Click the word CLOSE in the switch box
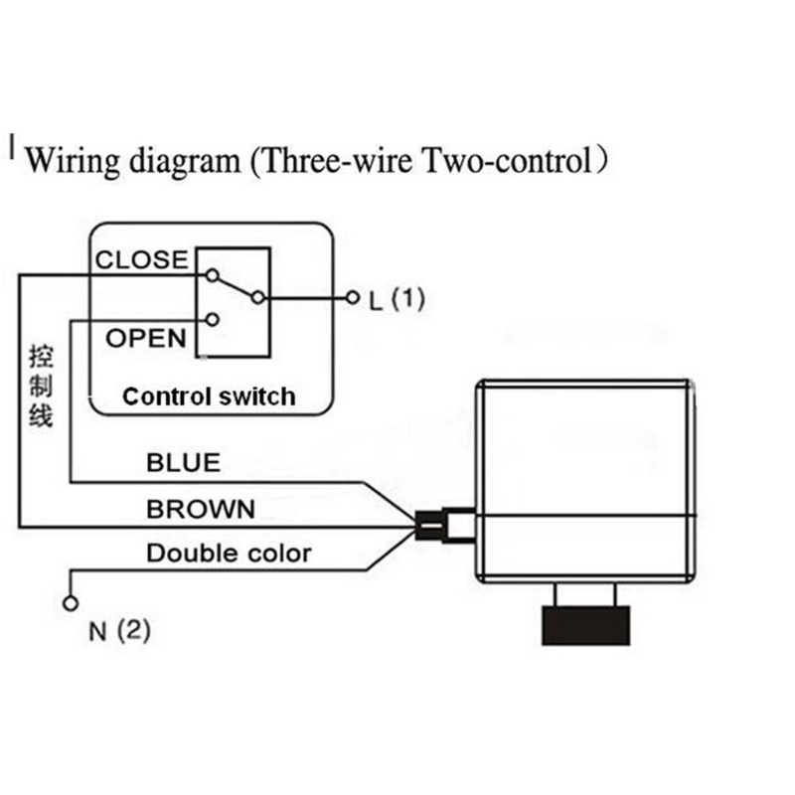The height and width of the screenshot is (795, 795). (140, 260)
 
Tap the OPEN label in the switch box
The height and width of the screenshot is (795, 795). (146, 338)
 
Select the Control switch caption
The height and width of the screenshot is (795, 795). (209, 397)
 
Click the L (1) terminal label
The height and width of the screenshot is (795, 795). (397, 298)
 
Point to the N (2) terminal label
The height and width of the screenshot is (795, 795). (119, 631)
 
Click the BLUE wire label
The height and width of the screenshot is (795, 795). (183, 463)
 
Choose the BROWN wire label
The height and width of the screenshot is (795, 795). (201, 510)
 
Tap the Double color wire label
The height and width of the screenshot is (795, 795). (229, 554)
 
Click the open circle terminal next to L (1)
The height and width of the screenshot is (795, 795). (350, 297)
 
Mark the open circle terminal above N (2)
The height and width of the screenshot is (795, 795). (70, 602)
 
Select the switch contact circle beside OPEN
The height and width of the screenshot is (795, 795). (211, 320)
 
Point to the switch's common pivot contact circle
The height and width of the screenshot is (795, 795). (258, 297)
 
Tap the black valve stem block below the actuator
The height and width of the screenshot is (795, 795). (584, 626)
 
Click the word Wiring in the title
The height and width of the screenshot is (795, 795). (68, 160)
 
